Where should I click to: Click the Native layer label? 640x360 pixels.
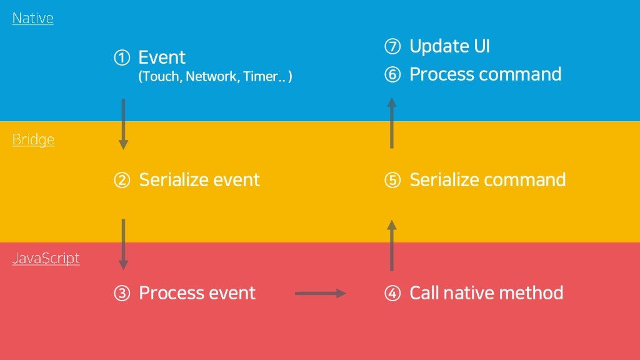click(32, 18)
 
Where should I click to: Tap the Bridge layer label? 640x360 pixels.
click(33, 139)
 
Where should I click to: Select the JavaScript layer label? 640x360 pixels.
click(46, 258)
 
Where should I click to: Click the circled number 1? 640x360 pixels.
click(122, 57)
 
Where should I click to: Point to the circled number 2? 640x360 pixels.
click(122, 180)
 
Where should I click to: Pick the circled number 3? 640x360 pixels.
click(122, 293)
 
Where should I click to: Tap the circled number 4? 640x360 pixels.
click(392, 293)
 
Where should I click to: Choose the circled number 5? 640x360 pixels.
click(392, 180)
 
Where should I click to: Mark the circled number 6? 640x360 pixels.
click(392, 75)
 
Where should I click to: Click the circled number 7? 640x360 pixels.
click(392, 46)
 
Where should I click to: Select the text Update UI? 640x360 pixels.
click(449, 46)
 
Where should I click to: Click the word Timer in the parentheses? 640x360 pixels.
click(261, 76)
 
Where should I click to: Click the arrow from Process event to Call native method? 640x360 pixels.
click(321, 293)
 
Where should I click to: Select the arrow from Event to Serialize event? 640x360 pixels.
click(123, 124)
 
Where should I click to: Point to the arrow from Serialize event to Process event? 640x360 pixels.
click(123, 244)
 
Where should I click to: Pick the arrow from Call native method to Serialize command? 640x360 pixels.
click(392, 245)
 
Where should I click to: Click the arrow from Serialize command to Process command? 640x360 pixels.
click(392, 123)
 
